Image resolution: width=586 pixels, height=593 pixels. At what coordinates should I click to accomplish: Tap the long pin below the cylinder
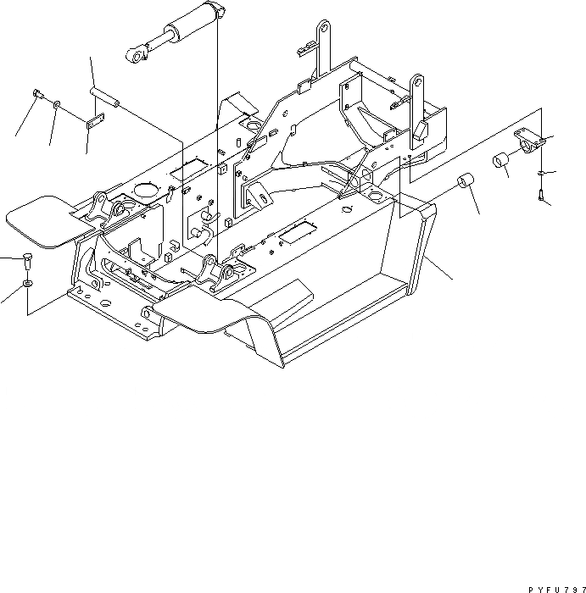click(x=103, y=96)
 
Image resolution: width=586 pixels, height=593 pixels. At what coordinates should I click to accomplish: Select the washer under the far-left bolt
click(x=28, y=282)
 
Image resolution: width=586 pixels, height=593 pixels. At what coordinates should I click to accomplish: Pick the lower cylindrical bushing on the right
click(x=465, y=183)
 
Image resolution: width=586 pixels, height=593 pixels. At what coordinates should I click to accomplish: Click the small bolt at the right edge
click(x=541, y=196)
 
